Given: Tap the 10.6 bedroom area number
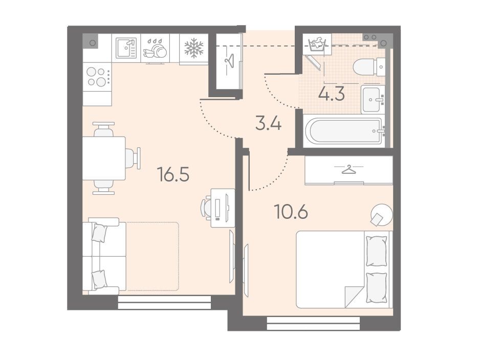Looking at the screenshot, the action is [x=291, y=211].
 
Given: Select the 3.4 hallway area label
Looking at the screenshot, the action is [x=268, y=124].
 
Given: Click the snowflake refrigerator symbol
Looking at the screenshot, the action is [x=194, y=49].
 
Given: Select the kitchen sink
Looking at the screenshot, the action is [x=126, y=48].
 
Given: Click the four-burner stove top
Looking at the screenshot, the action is [x=97, y=77].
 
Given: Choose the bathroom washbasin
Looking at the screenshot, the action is [x=373, y=99].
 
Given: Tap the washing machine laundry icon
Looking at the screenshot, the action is [x=317, y=44].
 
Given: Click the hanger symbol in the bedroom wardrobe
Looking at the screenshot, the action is [x=348, y=169].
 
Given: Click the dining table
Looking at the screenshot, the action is [x=104, y=158].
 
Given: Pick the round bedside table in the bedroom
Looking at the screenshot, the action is [x=381, y=215].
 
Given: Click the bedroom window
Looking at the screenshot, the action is [x=313, y=323].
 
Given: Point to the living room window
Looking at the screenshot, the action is [x=164, y=302].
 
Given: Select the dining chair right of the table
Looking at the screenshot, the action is [x=133, y=158].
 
